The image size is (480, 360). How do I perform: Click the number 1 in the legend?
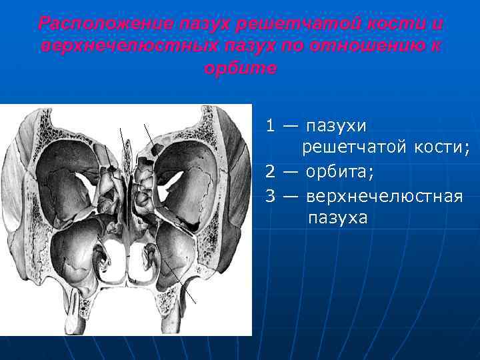pyautogui.click(x=271, y=125)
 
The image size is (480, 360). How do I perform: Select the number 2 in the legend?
pyautogui.click(x=271, y=171)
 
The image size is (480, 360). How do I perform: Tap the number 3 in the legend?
pyautogui.click(x=271, y=195)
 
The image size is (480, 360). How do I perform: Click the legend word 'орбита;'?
pyautogui.click(x=340, y=171)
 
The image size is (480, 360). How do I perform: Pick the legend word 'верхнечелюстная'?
pyautogui.click(x=384, y=195)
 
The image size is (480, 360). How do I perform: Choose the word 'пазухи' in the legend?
pyautogui.click(x=336, y=125)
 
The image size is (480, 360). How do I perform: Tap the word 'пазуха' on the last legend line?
pyautogui.click(x=337, y=218)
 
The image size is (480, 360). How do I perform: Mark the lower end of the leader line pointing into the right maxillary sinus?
pyautogui.click(x=196, y=302)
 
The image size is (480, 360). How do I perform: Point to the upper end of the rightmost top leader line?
pyautogui.click(x=144, y=124)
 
